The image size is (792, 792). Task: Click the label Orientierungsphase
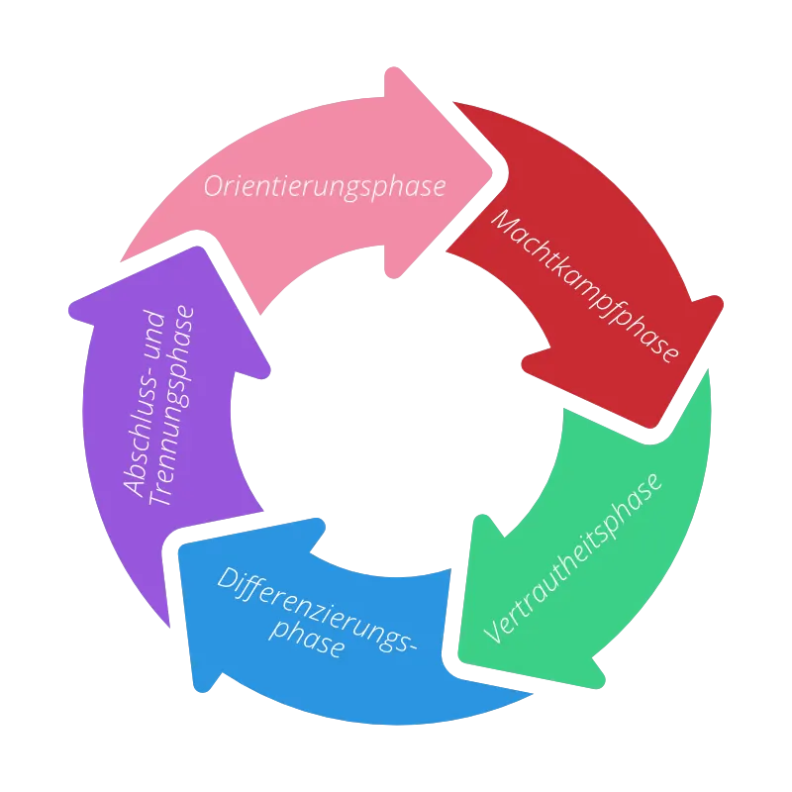(325, 186)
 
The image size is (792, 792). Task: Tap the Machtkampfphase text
(585, 285)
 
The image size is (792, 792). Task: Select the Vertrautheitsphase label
(572, 558)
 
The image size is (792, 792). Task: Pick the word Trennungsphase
(171, 406)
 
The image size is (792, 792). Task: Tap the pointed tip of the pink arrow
(491, 173)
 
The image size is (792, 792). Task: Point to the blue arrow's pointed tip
(180, 549)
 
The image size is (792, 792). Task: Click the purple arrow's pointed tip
(198, 247)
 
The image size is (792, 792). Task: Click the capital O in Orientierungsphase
(213, 186)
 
